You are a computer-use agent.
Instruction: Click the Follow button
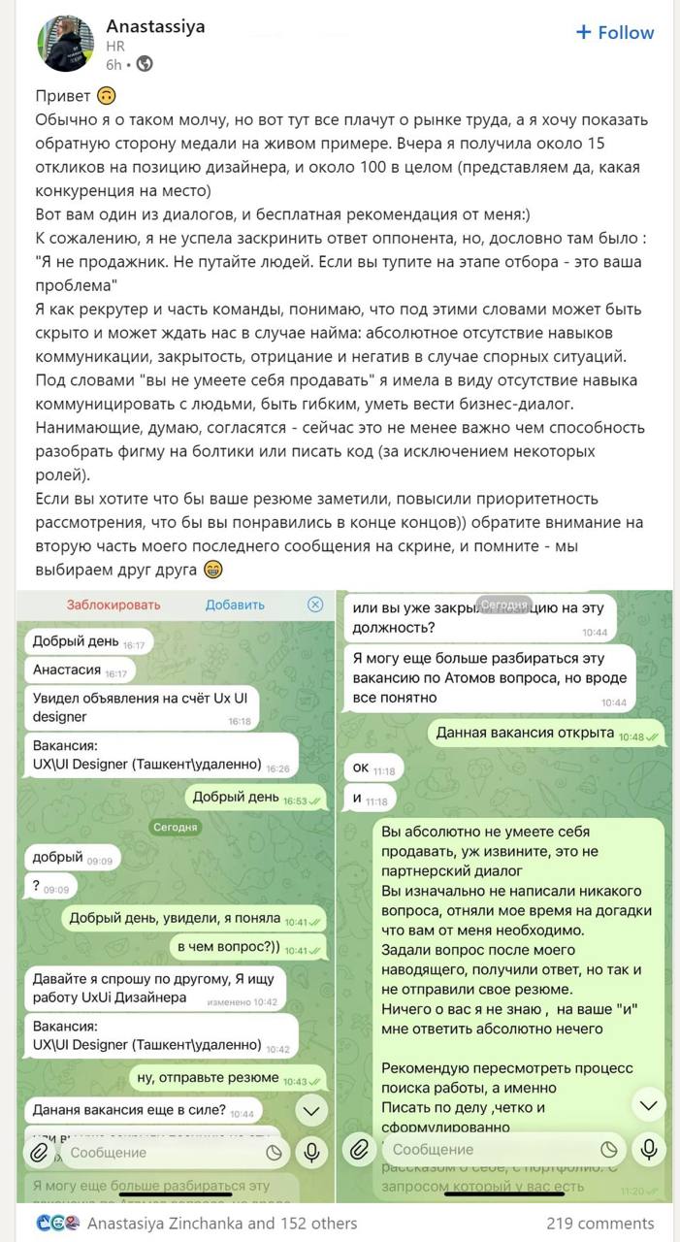point(615,32)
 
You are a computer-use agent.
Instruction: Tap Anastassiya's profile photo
point(65,44)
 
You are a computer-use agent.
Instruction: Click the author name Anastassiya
point(155,26)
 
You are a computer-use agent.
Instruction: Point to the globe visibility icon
point(145,64)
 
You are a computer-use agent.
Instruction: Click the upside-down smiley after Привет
point(107,96)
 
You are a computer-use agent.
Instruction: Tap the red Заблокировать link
point(113,605)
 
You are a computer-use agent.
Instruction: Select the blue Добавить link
point(235,605)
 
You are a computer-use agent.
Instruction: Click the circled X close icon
point(315,605)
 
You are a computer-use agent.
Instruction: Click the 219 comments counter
point(599,1224)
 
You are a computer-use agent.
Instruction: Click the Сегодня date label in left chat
point(175,827)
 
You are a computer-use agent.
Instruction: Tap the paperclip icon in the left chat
point(40,1152)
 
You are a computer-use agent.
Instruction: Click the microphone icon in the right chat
point(648,1150)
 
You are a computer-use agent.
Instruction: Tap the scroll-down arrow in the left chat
point(310,1111)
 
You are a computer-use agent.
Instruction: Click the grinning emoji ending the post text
point(213,570)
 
